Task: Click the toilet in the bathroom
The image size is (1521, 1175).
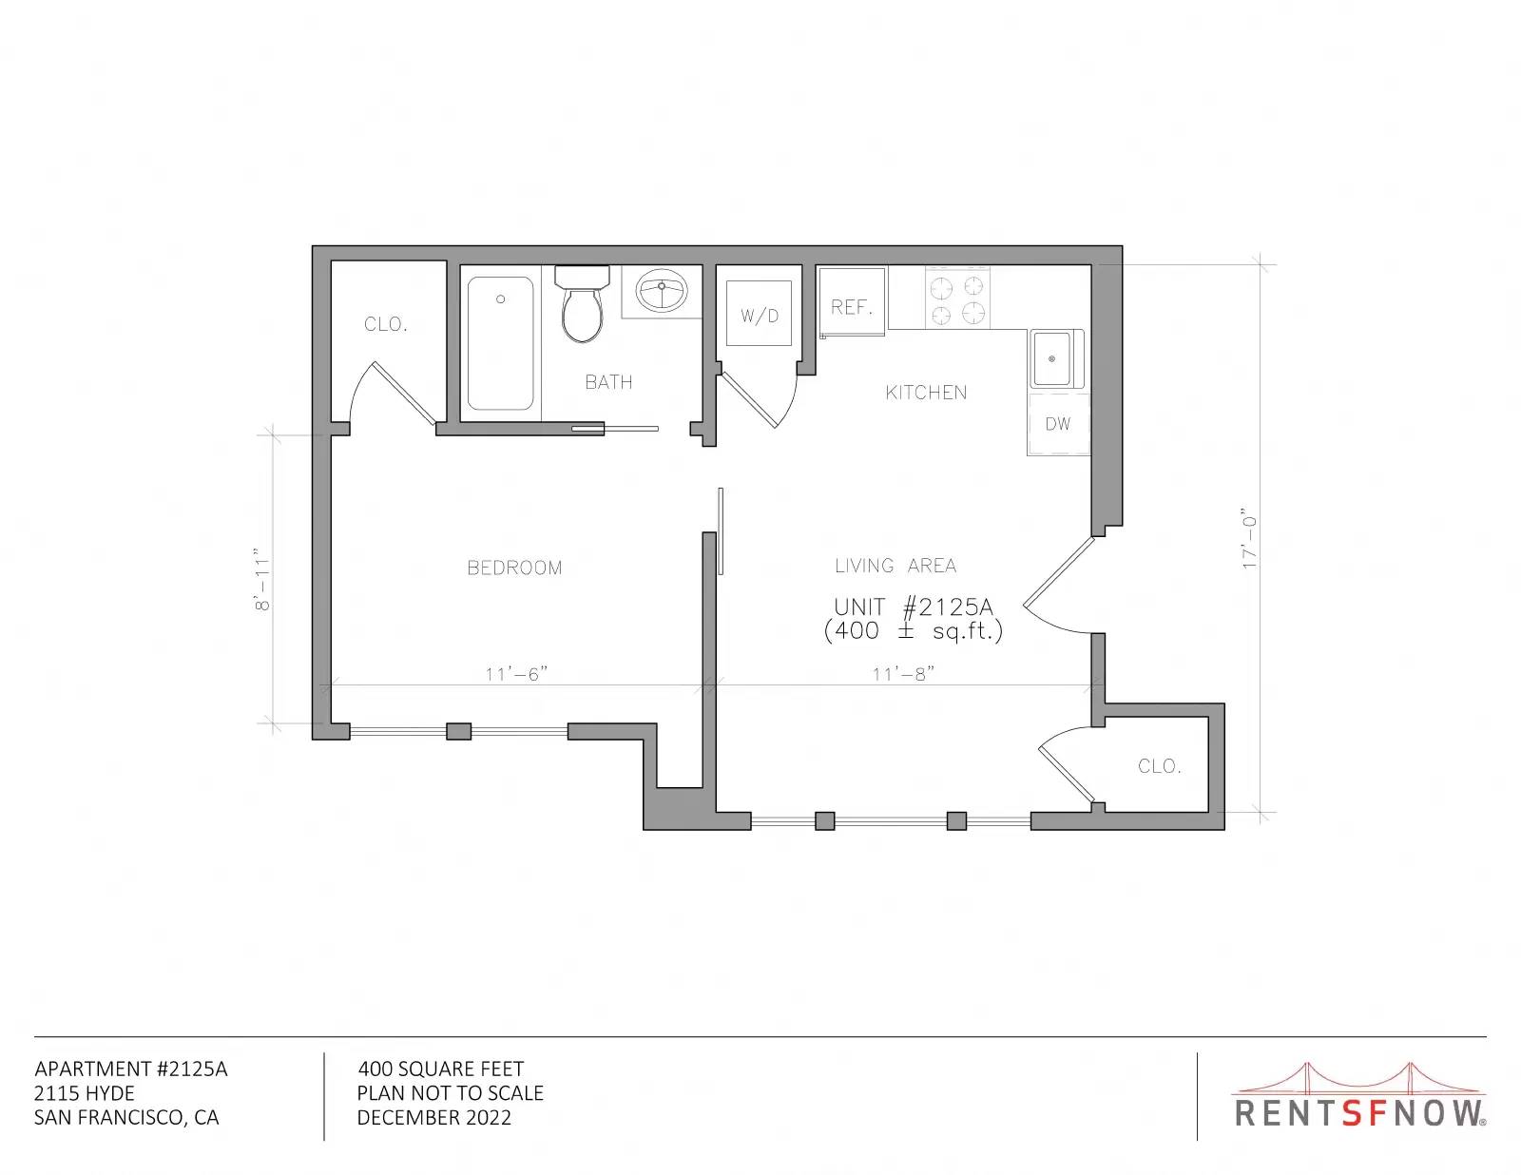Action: click(582, 303)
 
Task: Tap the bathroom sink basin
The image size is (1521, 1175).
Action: click(662, 291)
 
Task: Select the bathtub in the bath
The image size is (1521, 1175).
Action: click(500, 343)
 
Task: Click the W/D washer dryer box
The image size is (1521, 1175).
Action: click(759, 314)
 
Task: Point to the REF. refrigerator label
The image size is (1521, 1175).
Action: click(852, 307)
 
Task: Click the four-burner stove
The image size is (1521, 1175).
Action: click(957, 299)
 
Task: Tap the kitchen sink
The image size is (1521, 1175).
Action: click(1055, 359)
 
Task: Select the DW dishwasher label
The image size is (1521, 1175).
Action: click(1058, 423)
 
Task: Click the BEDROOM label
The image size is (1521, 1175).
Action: click(514, 568)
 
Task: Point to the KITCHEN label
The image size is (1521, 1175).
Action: click(926, 393)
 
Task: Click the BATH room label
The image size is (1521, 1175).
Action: click(608, 382)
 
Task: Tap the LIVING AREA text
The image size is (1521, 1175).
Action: click(895, 566)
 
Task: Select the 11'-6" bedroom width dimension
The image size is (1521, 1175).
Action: click(516, 674)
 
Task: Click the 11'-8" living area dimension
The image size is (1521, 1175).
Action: click(903, 674)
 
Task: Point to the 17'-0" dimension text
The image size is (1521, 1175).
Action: click(1249, 538)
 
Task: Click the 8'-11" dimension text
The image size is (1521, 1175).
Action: click(261, 580)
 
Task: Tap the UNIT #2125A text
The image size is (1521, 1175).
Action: click(914, 607)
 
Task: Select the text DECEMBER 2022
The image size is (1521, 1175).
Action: click(434, 1118)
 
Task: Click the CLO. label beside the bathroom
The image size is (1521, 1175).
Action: click(386, 324)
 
